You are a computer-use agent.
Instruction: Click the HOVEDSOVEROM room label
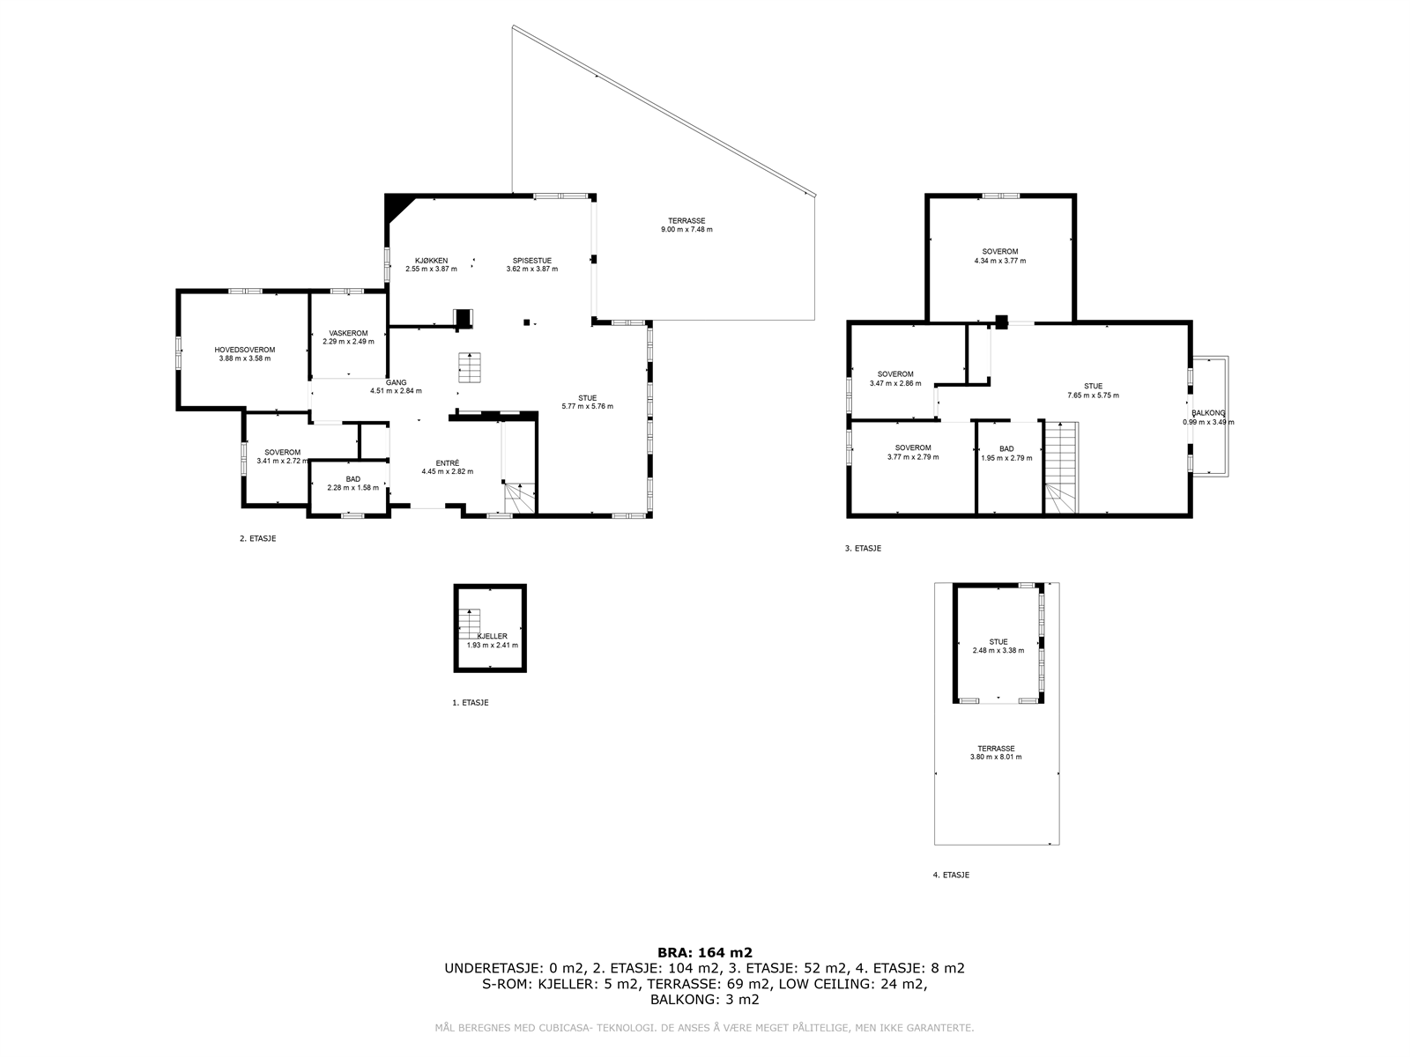point(244,350)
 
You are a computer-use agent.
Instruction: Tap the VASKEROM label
point(348,333)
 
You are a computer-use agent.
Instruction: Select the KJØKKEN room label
point(431,261)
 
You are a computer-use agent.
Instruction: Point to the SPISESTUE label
point(532,261)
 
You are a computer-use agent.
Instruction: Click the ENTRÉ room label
point(447,462)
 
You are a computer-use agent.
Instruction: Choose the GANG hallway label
point(396,382)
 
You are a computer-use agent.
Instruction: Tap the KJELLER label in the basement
point(492,636)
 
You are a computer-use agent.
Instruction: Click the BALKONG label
point(1208,413)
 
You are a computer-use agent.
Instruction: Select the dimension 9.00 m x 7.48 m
point(686,229)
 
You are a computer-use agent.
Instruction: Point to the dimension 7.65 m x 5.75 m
point(1093,395)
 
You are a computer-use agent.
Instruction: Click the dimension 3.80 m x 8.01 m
point(996,757)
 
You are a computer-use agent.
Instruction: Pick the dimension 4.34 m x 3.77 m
point(999,261)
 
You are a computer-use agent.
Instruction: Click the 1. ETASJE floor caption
point(471,703)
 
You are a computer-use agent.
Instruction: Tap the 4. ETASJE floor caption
point(951,875)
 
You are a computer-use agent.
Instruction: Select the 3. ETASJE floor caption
point(863,549)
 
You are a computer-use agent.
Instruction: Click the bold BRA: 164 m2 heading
point(705,953)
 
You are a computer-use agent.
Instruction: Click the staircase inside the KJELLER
point(470,624)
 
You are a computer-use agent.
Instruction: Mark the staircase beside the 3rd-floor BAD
point(1060,468)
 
